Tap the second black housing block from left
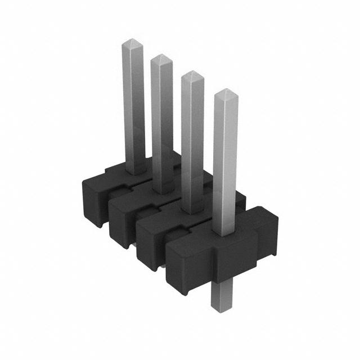(121, 217)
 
